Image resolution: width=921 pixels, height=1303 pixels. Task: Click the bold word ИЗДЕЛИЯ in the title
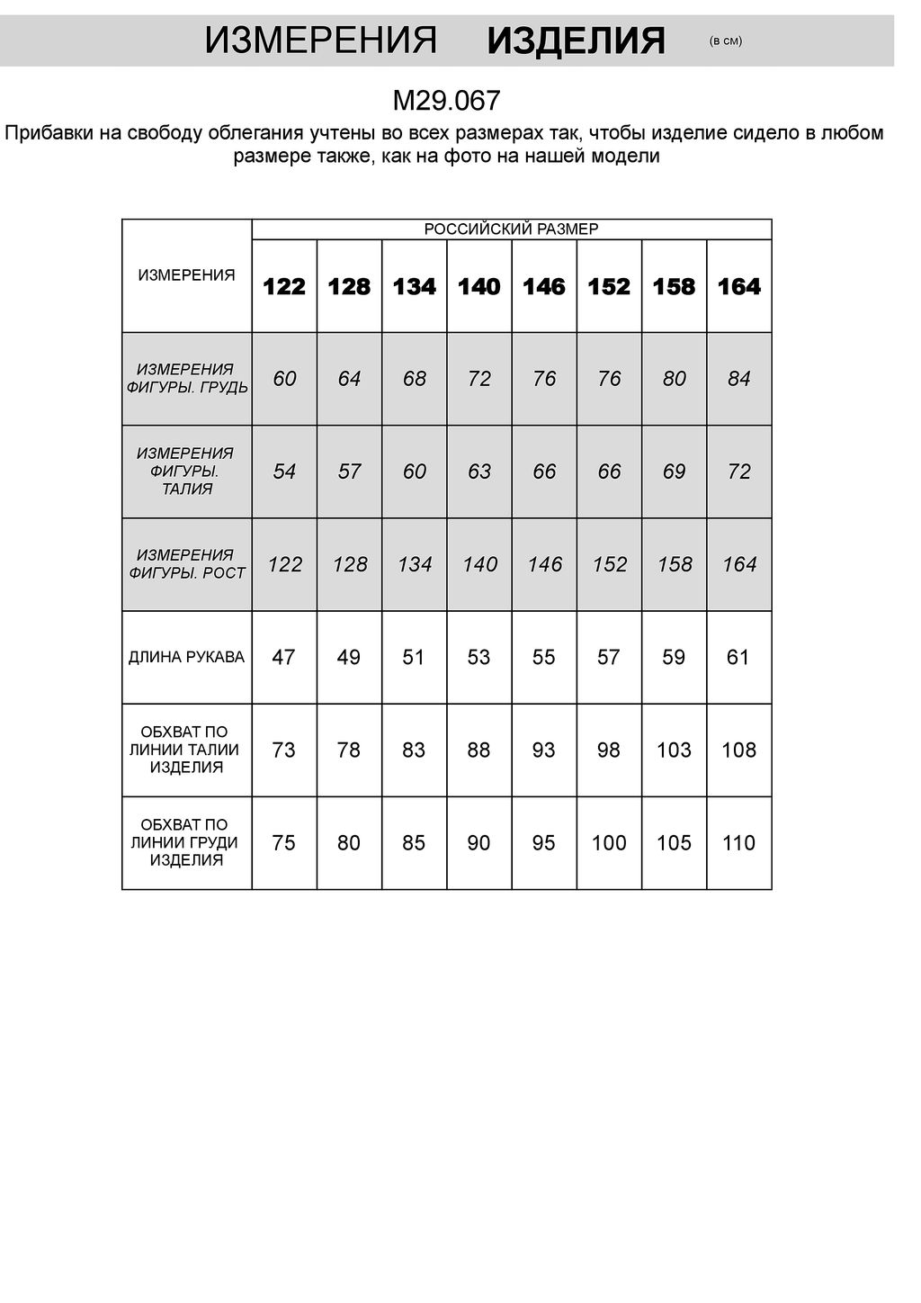tap(576, 40)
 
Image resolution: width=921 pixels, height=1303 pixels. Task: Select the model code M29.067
tap(446, 100)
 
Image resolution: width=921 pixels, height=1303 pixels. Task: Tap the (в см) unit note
tap(726, 40)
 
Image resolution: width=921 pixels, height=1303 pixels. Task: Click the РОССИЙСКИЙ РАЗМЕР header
tap(511, 229)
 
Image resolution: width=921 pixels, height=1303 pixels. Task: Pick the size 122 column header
tap(284, 287)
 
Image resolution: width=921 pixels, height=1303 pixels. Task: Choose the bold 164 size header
tap(738, 287)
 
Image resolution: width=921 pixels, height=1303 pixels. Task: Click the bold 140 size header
tap(478, 287)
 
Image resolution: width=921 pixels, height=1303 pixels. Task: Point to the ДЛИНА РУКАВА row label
tap(186, 657)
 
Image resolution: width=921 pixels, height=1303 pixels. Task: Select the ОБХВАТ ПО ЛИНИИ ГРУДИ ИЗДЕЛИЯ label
tap(186, 842)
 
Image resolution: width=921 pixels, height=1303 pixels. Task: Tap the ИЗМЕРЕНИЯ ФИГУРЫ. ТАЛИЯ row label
tap(186, 471)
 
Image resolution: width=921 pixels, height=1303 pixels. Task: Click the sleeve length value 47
tap(283, 657)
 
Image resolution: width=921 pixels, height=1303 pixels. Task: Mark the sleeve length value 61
tap(738, 657)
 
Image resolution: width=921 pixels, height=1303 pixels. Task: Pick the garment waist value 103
tap(674, 750)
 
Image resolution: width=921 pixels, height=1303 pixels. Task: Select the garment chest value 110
tap(738, 842)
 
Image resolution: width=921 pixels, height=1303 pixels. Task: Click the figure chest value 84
tap(738, 379)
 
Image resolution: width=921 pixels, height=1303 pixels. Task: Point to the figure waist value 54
tap(284, 472)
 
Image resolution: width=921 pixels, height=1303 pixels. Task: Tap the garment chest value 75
tap(283, 842)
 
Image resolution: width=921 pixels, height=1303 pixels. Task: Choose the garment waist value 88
tap(478, 750)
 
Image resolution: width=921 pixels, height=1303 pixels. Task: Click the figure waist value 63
tap(479, 472)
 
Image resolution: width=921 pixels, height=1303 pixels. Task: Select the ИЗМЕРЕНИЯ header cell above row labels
tap(186, 275)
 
